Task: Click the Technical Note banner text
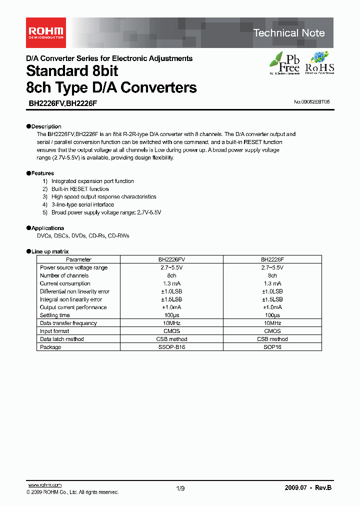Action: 289,33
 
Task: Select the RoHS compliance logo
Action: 319,63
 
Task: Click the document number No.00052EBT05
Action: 311,102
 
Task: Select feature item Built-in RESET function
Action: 80,189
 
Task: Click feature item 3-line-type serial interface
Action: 82,204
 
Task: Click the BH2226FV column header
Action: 171,259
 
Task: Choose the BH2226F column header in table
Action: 272,259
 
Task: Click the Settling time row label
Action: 55,315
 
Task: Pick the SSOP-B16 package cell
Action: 171,347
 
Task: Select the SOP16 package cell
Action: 272,347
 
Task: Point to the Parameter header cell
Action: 78,259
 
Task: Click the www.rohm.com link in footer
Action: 44,485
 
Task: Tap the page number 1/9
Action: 180,488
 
